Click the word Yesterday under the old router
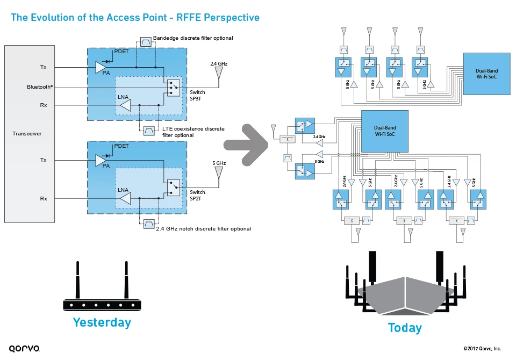102,322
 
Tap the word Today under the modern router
404,328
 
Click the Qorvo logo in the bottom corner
24,349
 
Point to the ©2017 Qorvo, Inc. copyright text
482,349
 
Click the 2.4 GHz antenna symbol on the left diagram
219,78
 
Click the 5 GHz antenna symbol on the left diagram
219,172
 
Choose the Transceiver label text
27,134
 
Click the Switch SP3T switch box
173,87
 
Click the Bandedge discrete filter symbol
146,42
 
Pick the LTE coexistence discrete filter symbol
149,130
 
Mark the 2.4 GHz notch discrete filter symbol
149,224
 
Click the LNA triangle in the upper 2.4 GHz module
125,105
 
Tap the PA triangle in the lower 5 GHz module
101,160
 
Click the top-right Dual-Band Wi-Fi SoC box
486,74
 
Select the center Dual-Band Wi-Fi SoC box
384,131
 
